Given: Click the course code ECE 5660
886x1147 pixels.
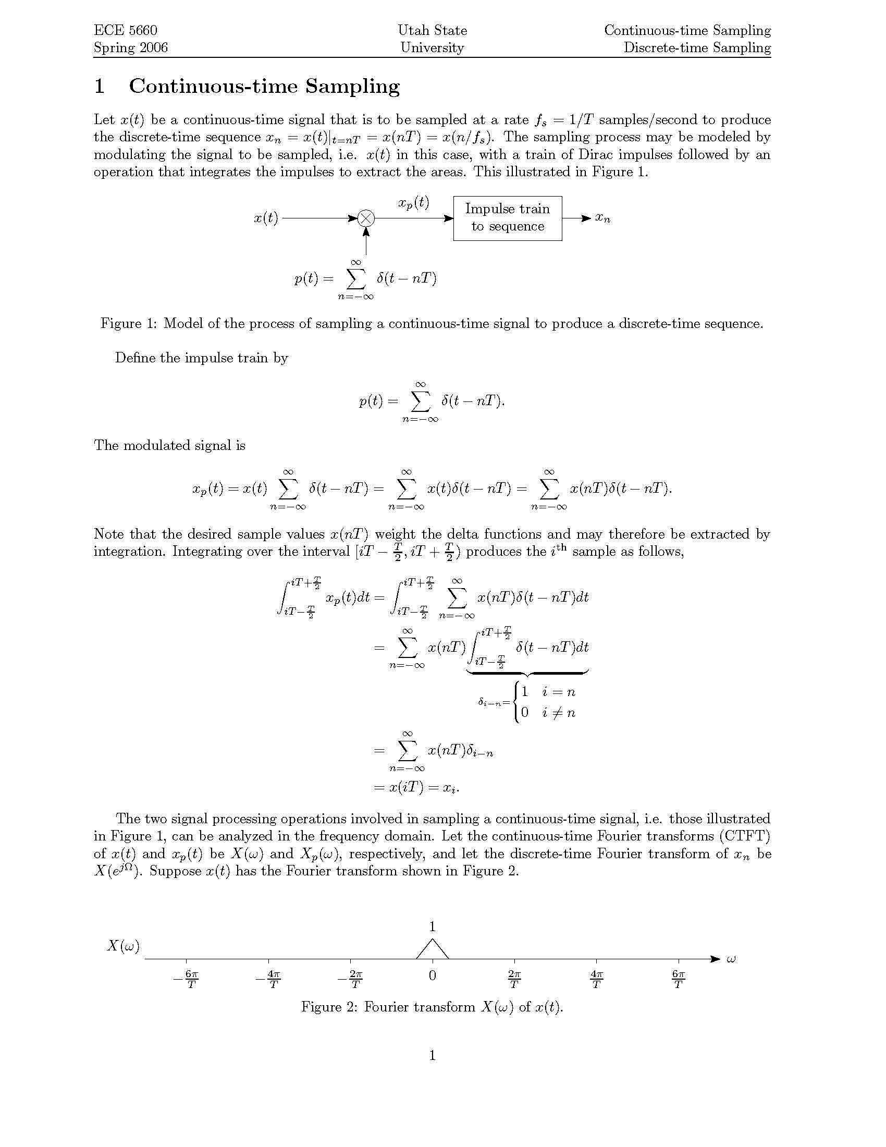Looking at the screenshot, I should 125,30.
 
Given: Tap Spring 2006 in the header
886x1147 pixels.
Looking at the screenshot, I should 130,48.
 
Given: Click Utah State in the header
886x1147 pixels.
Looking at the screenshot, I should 432,30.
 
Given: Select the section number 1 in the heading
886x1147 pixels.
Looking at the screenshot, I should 99,86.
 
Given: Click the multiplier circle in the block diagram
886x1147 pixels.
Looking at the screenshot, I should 366,218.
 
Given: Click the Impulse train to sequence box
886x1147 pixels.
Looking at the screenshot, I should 507,218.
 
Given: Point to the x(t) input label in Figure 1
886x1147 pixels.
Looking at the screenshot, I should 266,218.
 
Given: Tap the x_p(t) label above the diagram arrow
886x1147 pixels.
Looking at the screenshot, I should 413,203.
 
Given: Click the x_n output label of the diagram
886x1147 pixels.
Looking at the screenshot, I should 602,218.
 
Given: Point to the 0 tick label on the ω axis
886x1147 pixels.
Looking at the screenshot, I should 432,976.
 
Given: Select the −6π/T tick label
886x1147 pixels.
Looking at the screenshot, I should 187,979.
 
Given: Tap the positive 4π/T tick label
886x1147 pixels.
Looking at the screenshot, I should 596,979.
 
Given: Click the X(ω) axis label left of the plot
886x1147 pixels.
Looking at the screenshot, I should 124,946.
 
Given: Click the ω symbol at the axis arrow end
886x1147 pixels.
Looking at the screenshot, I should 731,959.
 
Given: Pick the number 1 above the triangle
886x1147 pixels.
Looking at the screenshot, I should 432,927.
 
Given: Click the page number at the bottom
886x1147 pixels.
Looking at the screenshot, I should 432,1055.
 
